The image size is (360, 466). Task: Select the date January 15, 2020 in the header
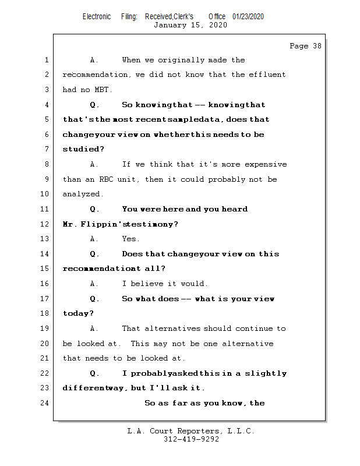[190, 25]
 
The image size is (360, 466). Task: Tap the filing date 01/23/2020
[248, 16]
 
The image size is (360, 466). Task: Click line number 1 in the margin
[47, 60]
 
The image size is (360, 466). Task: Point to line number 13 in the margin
[45, 239]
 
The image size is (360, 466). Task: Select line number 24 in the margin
[45, 403]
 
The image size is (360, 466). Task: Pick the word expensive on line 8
[266, 164]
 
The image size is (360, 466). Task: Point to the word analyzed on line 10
[83, 194]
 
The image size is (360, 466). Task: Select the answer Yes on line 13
[130, 239]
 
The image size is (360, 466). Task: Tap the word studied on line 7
[80, 149]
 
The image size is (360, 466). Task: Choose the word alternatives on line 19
[172, 329]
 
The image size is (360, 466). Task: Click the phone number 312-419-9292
[191, 439]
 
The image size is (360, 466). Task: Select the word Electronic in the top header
[97, 16]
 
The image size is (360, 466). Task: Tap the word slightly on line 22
[266, 373]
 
